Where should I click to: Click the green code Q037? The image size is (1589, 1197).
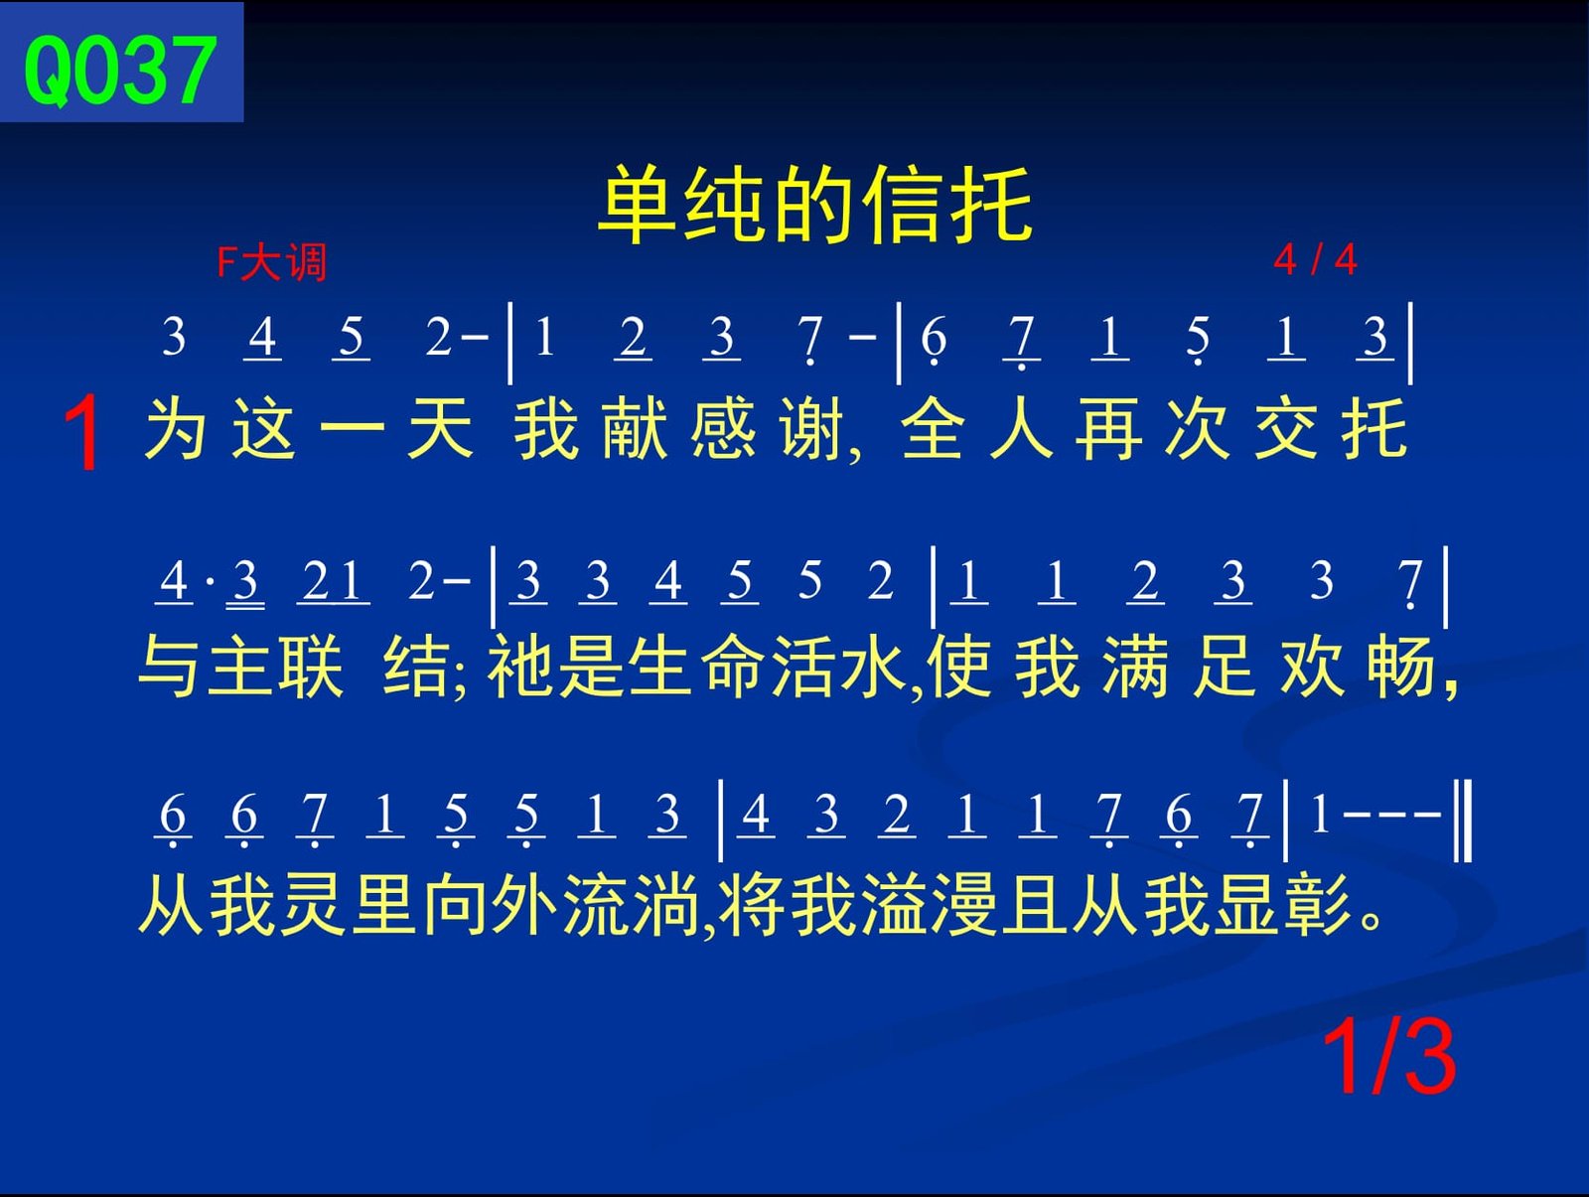click(x=120, y=72)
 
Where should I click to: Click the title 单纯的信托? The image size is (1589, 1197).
click(x=816, y=204)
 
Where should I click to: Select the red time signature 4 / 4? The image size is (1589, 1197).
click(x=1315, y=259)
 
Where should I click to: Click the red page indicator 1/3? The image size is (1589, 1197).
click(x=1388, y=1058)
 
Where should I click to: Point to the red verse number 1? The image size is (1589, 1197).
click(x=81, y=433)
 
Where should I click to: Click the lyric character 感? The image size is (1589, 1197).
click(x=722, y=429)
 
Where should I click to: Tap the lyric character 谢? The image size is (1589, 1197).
click(x=810, y=429)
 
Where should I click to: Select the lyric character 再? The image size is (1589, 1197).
click(x=1108, y=429)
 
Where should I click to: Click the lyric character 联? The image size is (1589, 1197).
click(x=311, y=667)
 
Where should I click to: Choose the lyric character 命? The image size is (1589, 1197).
click(x=733, y=667)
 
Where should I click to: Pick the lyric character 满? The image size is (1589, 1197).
click(x=1135, y=667)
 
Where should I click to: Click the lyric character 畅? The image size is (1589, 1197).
click(x=1401, y=667)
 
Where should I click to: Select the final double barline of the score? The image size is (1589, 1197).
click(x=1463, y=820)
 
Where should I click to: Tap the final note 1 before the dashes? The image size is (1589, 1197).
click(x=1321, y=815)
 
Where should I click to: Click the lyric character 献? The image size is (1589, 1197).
click(x=635, y=429)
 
